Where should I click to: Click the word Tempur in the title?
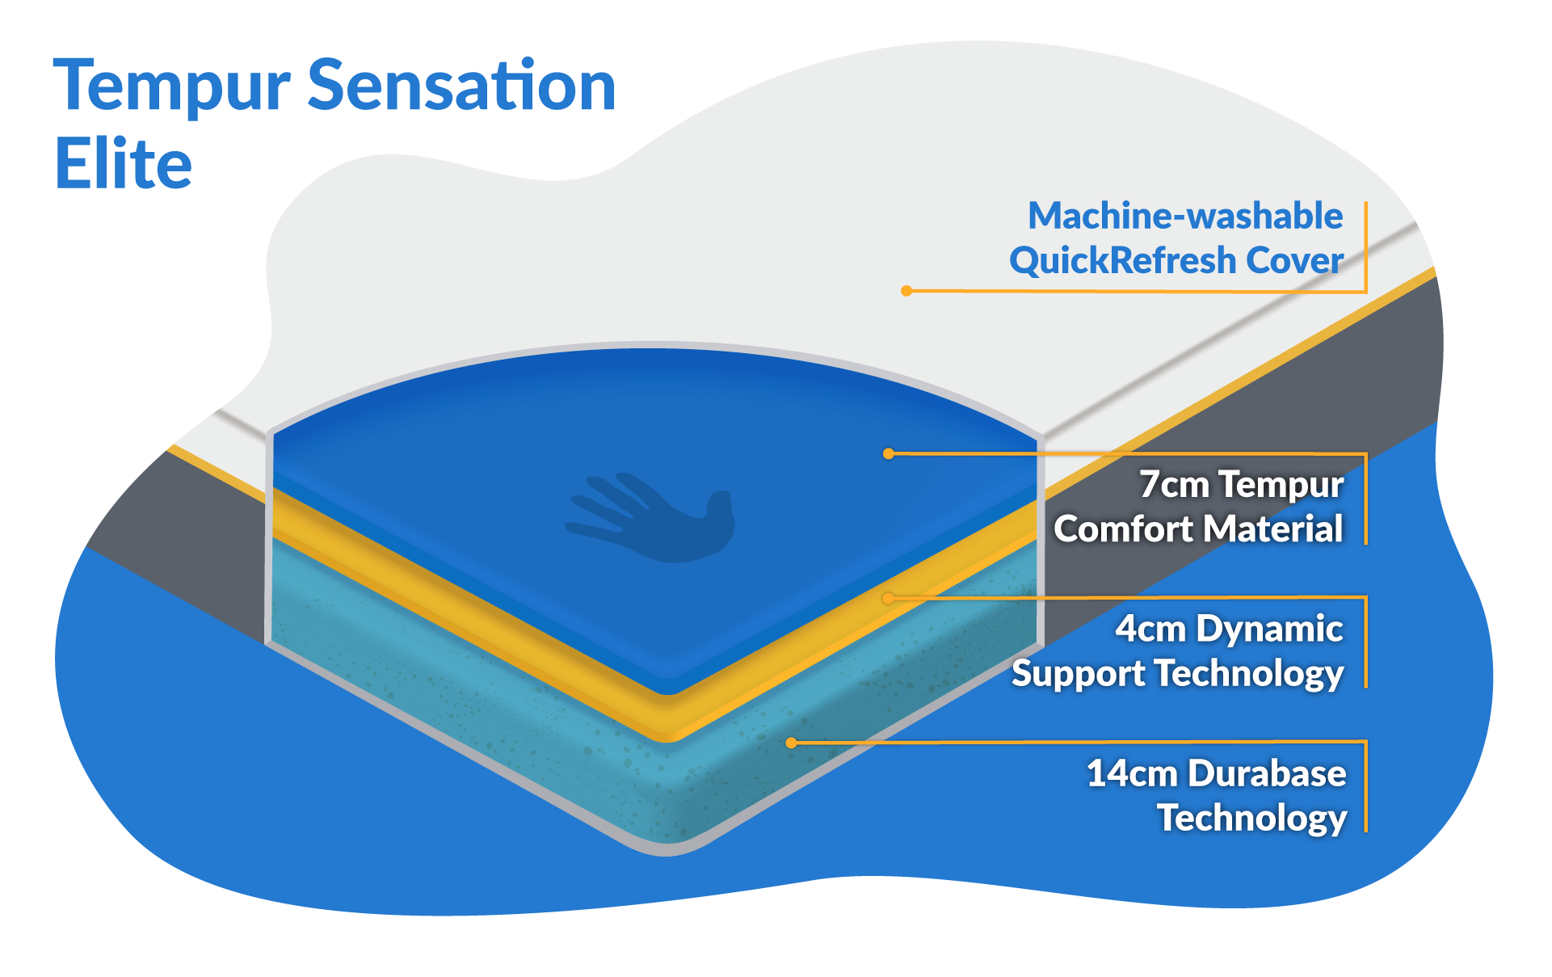click(171, 87)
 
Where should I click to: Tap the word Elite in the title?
click(123, 164)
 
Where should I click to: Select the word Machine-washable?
click(1184, 217)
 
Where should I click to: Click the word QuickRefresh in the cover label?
click(1122, 261)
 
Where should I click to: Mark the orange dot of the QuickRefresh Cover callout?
click(906, 291)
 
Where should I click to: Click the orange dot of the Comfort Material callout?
click(888, 454)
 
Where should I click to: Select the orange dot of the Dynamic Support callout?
click(888, 598)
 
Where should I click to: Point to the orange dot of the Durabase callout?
click(791, 743)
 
